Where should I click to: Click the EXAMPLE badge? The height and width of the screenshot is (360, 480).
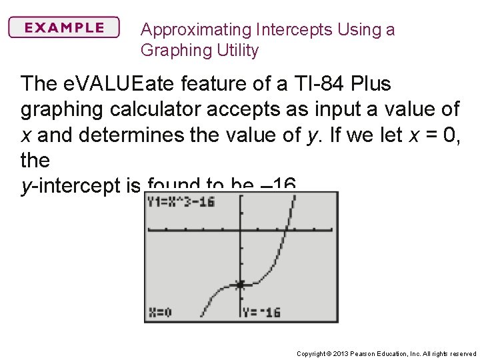click(64, 28)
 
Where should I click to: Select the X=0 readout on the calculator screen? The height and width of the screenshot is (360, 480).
click(161, 312)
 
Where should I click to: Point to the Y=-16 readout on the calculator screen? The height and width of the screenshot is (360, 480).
click(262, 312)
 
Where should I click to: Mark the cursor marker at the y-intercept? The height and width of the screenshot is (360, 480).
click(240, 285)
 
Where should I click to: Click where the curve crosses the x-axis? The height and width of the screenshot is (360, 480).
click(285, 230)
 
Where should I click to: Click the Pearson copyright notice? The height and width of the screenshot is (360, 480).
click(386, 353)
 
